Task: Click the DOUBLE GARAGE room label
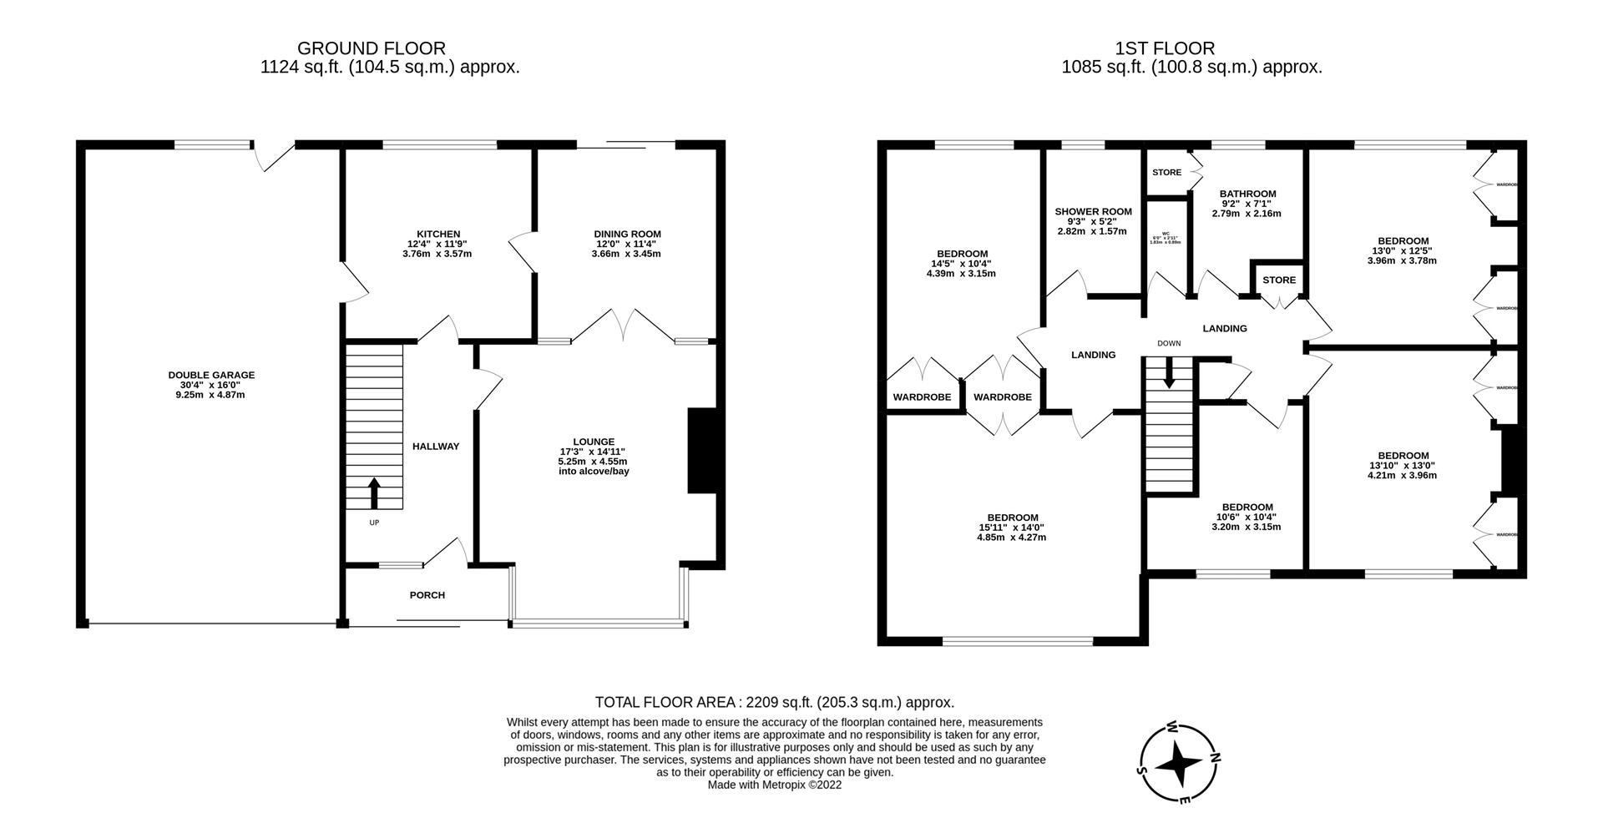coord(211,376)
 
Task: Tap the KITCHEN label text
coord(438,234)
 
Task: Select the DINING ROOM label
coord(627,234)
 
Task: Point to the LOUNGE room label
coord(593,442)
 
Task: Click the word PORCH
coord(427,595)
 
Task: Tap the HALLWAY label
coord(436,447)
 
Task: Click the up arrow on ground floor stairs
coord(374,492)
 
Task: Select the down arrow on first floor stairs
coord(1169,372)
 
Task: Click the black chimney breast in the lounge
coord(701,451)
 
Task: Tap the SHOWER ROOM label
coord(1092,212)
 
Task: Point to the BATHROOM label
coord(1247,194)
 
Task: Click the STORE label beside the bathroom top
coord(1166,173)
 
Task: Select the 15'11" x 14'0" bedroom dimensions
coord(1010,528)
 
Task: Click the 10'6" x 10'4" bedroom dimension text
coord(1246,518)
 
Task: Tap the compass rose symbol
coord(1179,762)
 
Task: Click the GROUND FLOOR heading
coord(371,48)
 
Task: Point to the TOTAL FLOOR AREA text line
coord(774,703)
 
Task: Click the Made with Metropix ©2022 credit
coord(774,785)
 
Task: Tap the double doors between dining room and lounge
coord(624,326)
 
